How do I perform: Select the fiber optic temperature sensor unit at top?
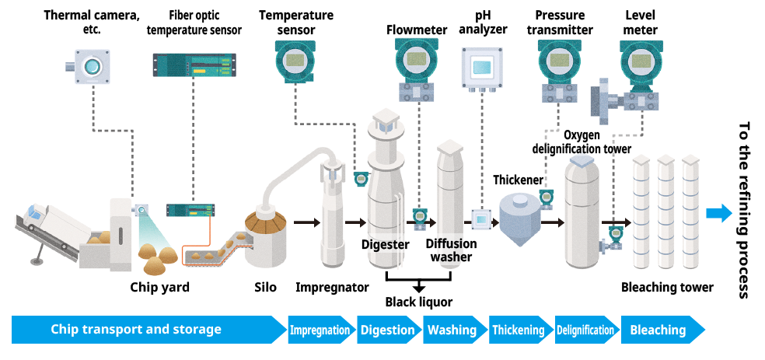pos(194,65)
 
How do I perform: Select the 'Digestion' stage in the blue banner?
pos(387,330)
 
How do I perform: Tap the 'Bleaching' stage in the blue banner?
pos(658,330)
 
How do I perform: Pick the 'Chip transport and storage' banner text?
pos(136,330)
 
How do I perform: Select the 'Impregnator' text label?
pos(332,288)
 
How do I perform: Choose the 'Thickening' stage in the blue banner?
pos(518,330)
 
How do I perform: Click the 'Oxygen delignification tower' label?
pos(581,142)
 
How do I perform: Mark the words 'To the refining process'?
pos(744,210)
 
